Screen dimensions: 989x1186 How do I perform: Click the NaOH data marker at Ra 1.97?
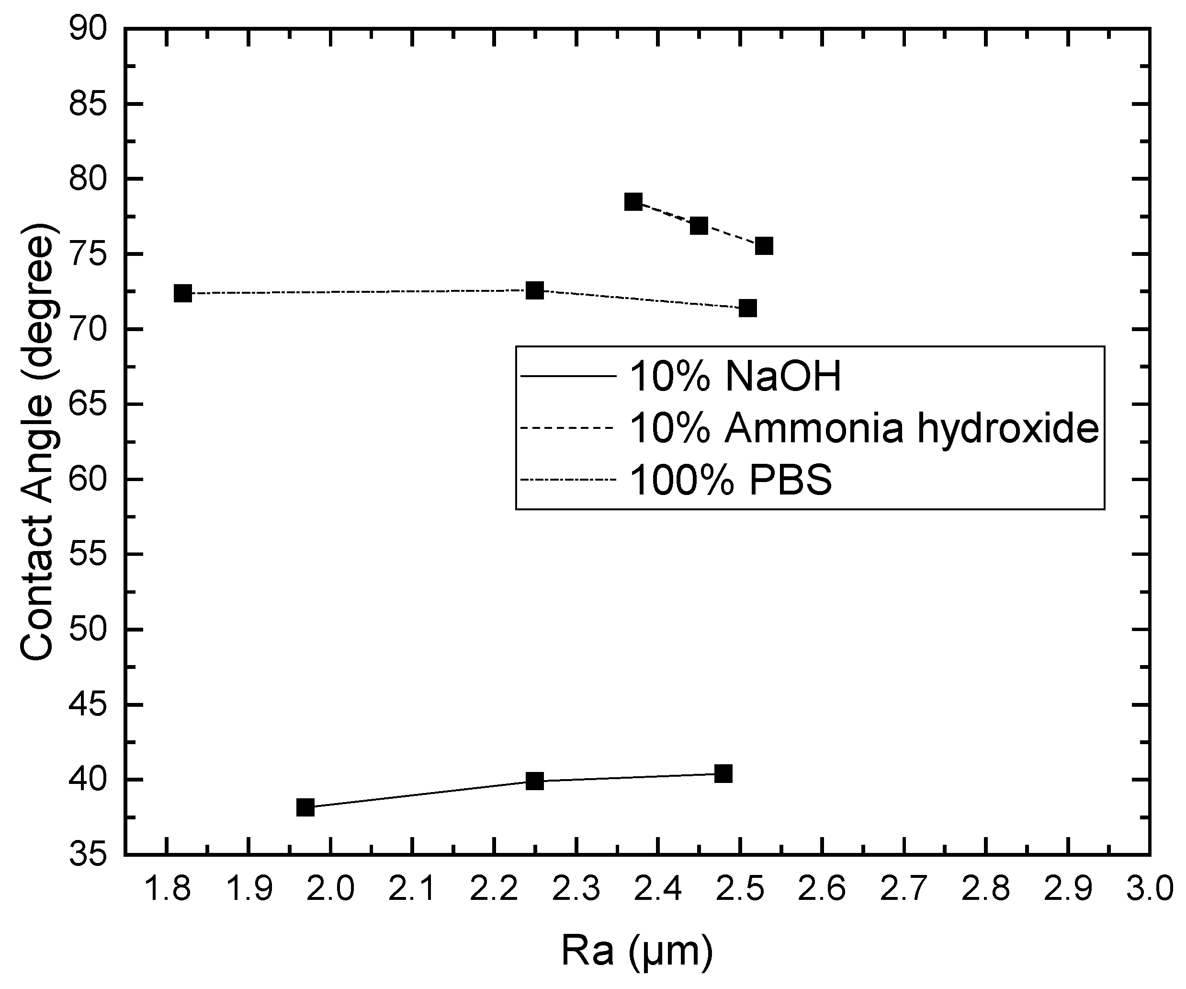click(305, 807)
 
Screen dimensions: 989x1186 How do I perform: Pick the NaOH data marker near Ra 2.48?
click(723, 774)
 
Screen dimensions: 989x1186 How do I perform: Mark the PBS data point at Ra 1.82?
click(182, 293)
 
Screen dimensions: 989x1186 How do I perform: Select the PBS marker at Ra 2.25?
click(534, 290)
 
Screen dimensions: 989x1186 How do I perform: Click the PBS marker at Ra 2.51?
click(748, 309)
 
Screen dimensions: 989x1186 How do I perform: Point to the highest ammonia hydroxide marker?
click(633, 202)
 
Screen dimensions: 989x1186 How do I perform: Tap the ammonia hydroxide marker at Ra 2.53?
click(764, 246)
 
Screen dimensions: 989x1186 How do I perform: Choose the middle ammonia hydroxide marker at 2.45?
click(699, 226)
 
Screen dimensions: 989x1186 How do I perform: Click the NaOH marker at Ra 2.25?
click(534, 781)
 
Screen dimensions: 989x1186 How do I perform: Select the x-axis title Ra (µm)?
click(636, 951)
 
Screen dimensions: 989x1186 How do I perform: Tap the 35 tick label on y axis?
click(88, 855)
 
